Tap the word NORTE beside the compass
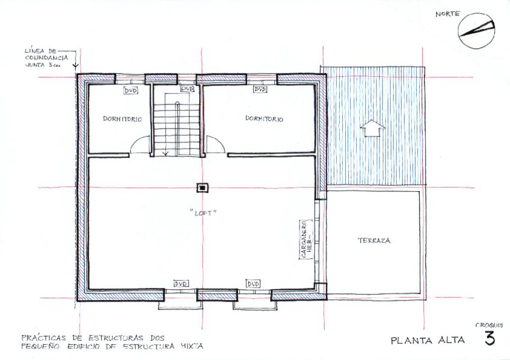[x=447, y=14]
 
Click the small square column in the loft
[x=202, y=188]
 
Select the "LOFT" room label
[x=203, y=213]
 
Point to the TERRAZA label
[x=374, y=240]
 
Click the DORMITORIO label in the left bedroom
[x=122, y=119]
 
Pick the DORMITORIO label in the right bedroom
[x=264, y=118]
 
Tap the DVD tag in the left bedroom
[x=131, y=90]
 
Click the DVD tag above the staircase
[x=187, y=89]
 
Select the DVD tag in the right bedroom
[x=260, y=89]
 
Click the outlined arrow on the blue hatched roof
[x=372, y=128]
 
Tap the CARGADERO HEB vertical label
[x=306, y=239]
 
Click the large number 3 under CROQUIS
[x=490, y=338]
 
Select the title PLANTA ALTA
[x=428, y=341]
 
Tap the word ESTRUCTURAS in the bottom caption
[x=116, y=338]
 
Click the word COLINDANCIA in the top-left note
[x=46, y=58]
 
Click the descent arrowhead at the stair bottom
[x=165, y=153]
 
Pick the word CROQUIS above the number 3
[x=489, y=325]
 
